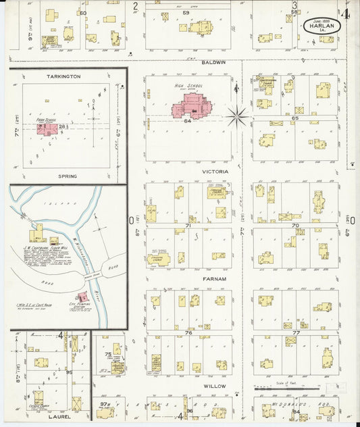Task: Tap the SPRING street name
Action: (68, 176)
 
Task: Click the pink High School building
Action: (193, 107)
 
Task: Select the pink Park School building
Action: (47, 128)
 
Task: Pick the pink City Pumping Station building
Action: (83, 297)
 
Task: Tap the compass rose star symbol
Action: (237, 116)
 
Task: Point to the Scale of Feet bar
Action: (278, 389)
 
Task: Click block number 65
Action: (294, 118)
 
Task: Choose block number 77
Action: (296, 333)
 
